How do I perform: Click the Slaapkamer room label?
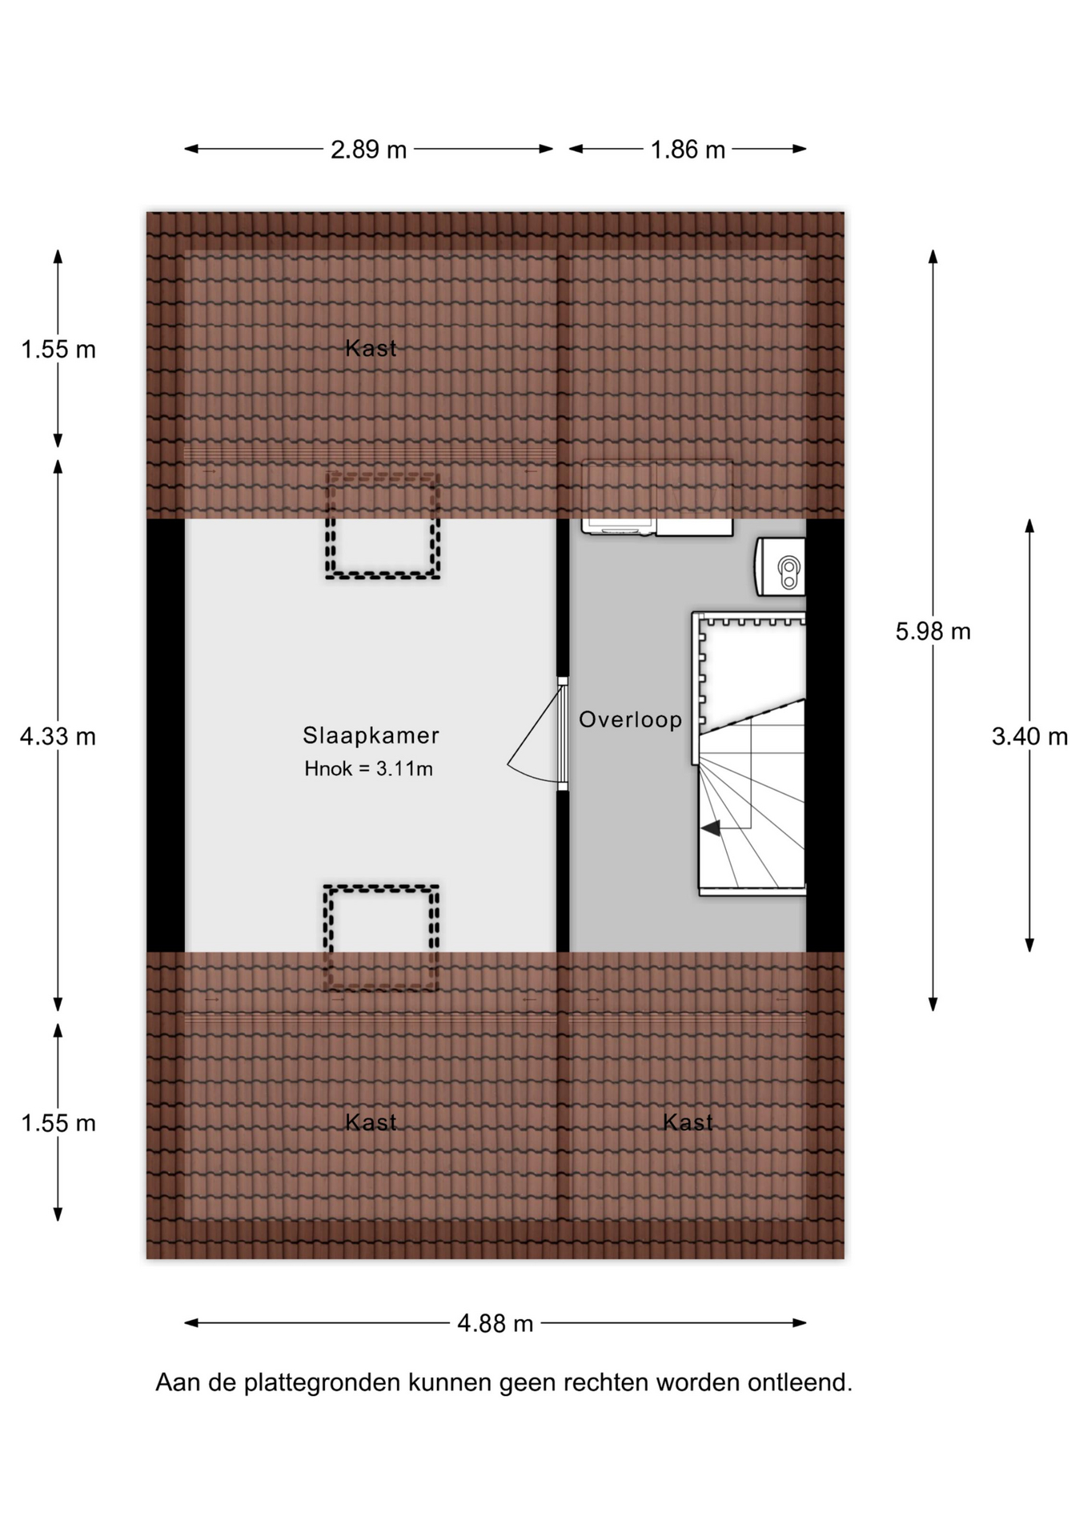[371, 735]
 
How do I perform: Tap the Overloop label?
[631, 720]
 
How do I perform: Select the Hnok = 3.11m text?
[368, 769]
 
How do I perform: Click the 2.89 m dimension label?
[369, 150]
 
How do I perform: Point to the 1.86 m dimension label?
[688, 150]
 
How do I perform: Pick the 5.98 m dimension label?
[933, 632]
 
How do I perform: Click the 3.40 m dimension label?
[1029, 736]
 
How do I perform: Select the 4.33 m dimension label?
[58, 736]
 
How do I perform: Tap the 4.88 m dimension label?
[495, 1323]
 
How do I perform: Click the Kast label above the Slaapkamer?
[371, 348]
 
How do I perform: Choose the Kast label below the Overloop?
[688, 1122]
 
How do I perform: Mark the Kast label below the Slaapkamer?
[371, 1122]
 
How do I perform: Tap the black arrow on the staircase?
[711, 829]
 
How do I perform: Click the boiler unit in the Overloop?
[780, 566]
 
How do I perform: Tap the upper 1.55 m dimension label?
[58, 350]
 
